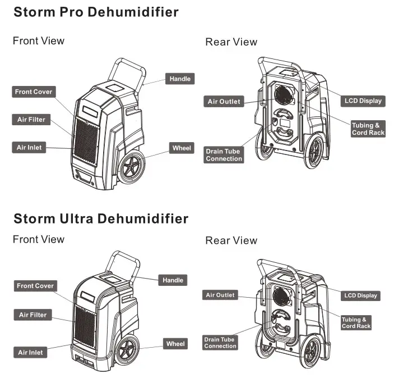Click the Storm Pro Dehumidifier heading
[x=96, y=12]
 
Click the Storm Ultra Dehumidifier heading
[x=101, y=218]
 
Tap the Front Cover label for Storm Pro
[x=34, y=92]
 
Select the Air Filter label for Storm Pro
[x=31, y=120]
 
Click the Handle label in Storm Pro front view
[x=180, y=79]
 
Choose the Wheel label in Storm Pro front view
[x=182, y=148]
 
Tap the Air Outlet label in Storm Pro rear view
[x=224, y=102]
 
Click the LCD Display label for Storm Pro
[x=363, y=101]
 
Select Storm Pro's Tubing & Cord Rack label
[x=368, y=129]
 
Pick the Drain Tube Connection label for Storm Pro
[x=224, y=155]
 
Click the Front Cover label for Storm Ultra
[x=35, y=286]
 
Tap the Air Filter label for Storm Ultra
[x=33, y=315]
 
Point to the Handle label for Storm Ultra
[x=173, y=280]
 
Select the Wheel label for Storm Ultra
[x=175, y=344]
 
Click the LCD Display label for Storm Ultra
[x=360, y=295]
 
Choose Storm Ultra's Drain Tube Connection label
[x=220, y=343]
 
